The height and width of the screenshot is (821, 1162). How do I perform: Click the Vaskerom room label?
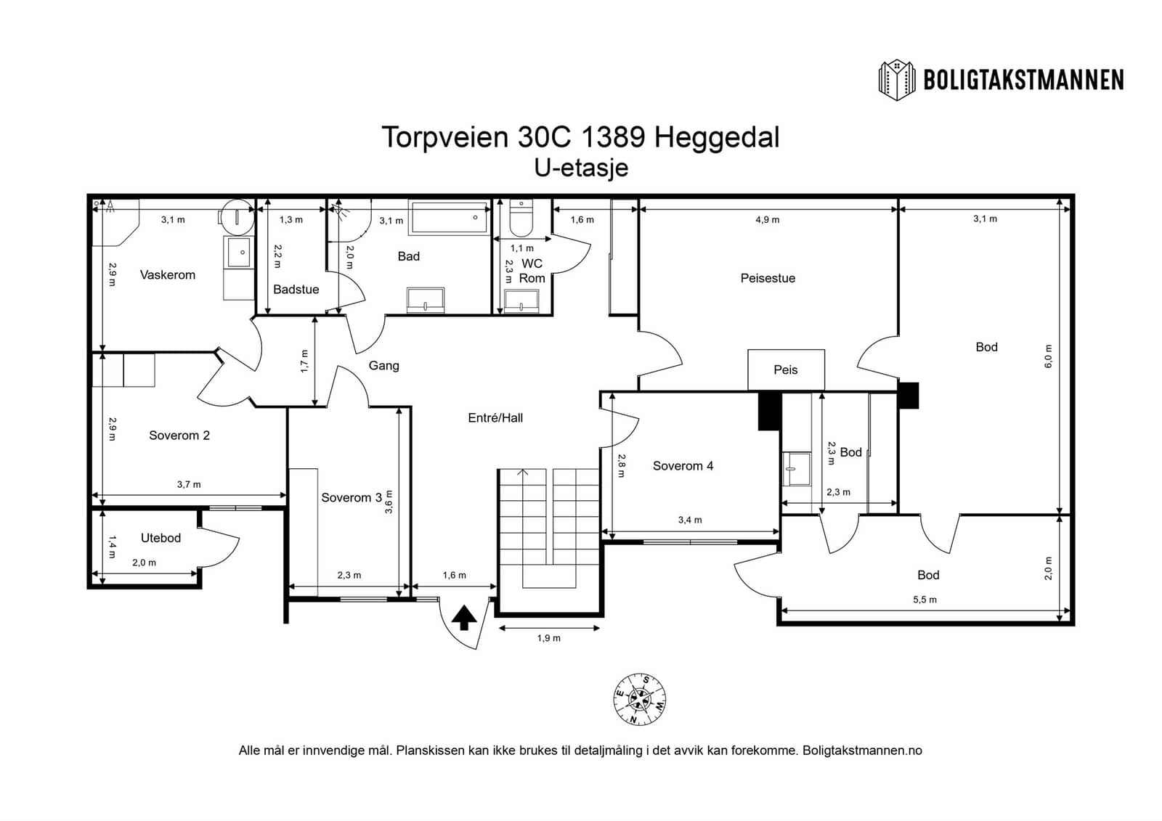point(168,275)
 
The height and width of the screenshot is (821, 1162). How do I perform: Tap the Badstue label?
point(296,290)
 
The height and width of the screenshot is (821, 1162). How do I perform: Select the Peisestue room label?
point(768,278)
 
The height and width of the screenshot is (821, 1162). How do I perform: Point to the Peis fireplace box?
point(786,369)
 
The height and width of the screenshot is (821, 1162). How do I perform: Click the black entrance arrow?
point(464,618)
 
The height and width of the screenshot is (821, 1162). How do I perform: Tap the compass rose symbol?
point(640,699)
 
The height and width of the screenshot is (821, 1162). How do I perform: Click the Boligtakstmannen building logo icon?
point(896,80)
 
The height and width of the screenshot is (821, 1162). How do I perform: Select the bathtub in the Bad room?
point(450,218)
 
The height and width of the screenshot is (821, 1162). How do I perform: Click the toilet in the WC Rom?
point(521,218)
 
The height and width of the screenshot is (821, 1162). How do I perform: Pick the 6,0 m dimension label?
point(1049,356)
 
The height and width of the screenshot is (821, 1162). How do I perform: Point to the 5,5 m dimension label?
point(925,600)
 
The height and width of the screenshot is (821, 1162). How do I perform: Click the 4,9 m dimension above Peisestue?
point(767,219)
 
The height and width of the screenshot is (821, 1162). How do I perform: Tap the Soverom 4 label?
point(683,466)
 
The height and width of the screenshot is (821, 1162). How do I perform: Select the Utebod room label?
point(161,538)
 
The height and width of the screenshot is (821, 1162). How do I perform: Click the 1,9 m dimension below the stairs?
point(549,638)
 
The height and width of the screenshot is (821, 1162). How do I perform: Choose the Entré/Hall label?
point(495,417)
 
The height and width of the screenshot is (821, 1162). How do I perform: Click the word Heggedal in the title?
point(717,137)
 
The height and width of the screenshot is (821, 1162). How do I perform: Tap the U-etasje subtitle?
point(582,168)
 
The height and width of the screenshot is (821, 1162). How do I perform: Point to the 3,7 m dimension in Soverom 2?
point(189,484)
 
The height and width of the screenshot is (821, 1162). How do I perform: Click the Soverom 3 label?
point(352,497)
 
